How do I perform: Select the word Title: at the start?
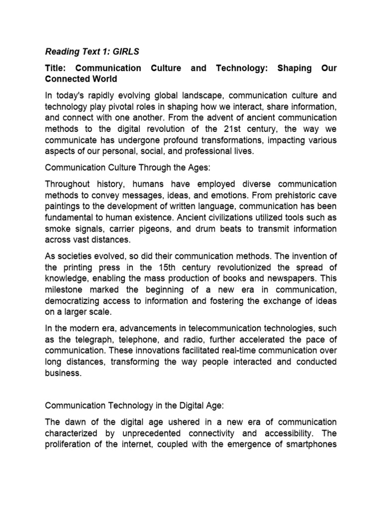[x=58, y=68]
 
